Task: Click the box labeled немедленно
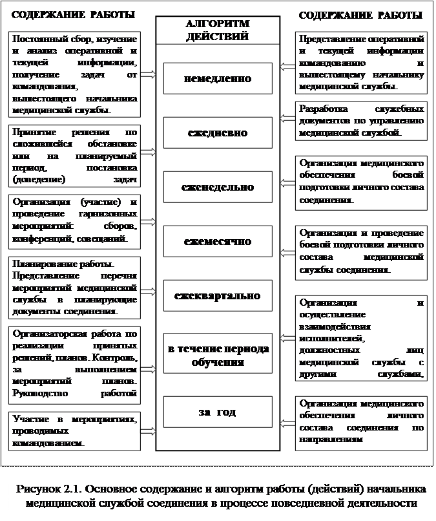(217, 78)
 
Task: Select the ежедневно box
(217, 133)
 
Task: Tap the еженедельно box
(217, 187)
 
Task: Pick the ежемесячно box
(217, 242)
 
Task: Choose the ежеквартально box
(217, 295)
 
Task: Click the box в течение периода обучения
(217, 355)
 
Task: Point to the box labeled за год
(217, 412)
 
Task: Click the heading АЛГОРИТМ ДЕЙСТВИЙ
(217, 30)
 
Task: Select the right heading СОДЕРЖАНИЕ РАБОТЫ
(361, 14)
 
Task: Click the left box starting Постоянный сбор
(75, 75)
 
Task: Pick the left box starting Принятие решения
(75, 153)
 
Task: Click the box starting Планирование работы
(75, 288)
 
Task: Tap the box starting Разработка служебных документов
(361, 120)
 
